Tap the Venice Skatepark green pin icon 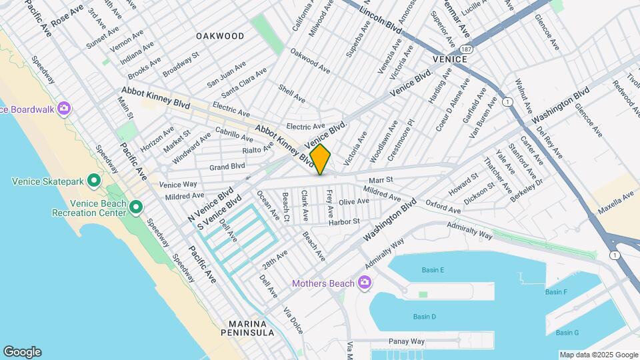pos(95,181)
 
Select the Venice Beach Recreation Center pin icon pos(136,208)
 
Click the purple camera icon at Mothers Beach pos(364,283)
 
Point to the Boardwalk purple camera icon pos(65,108)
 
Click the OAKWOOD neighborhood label pos(220,35)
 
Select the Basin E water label pos(433,270)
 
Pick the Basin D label pos(424,317)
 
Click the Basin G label pos(567,333)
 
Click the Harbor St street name pos(343,221)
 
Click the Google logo pos(22,352)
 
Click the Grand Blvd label pos(227,167)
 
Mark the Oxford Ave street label pos(443,207)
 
